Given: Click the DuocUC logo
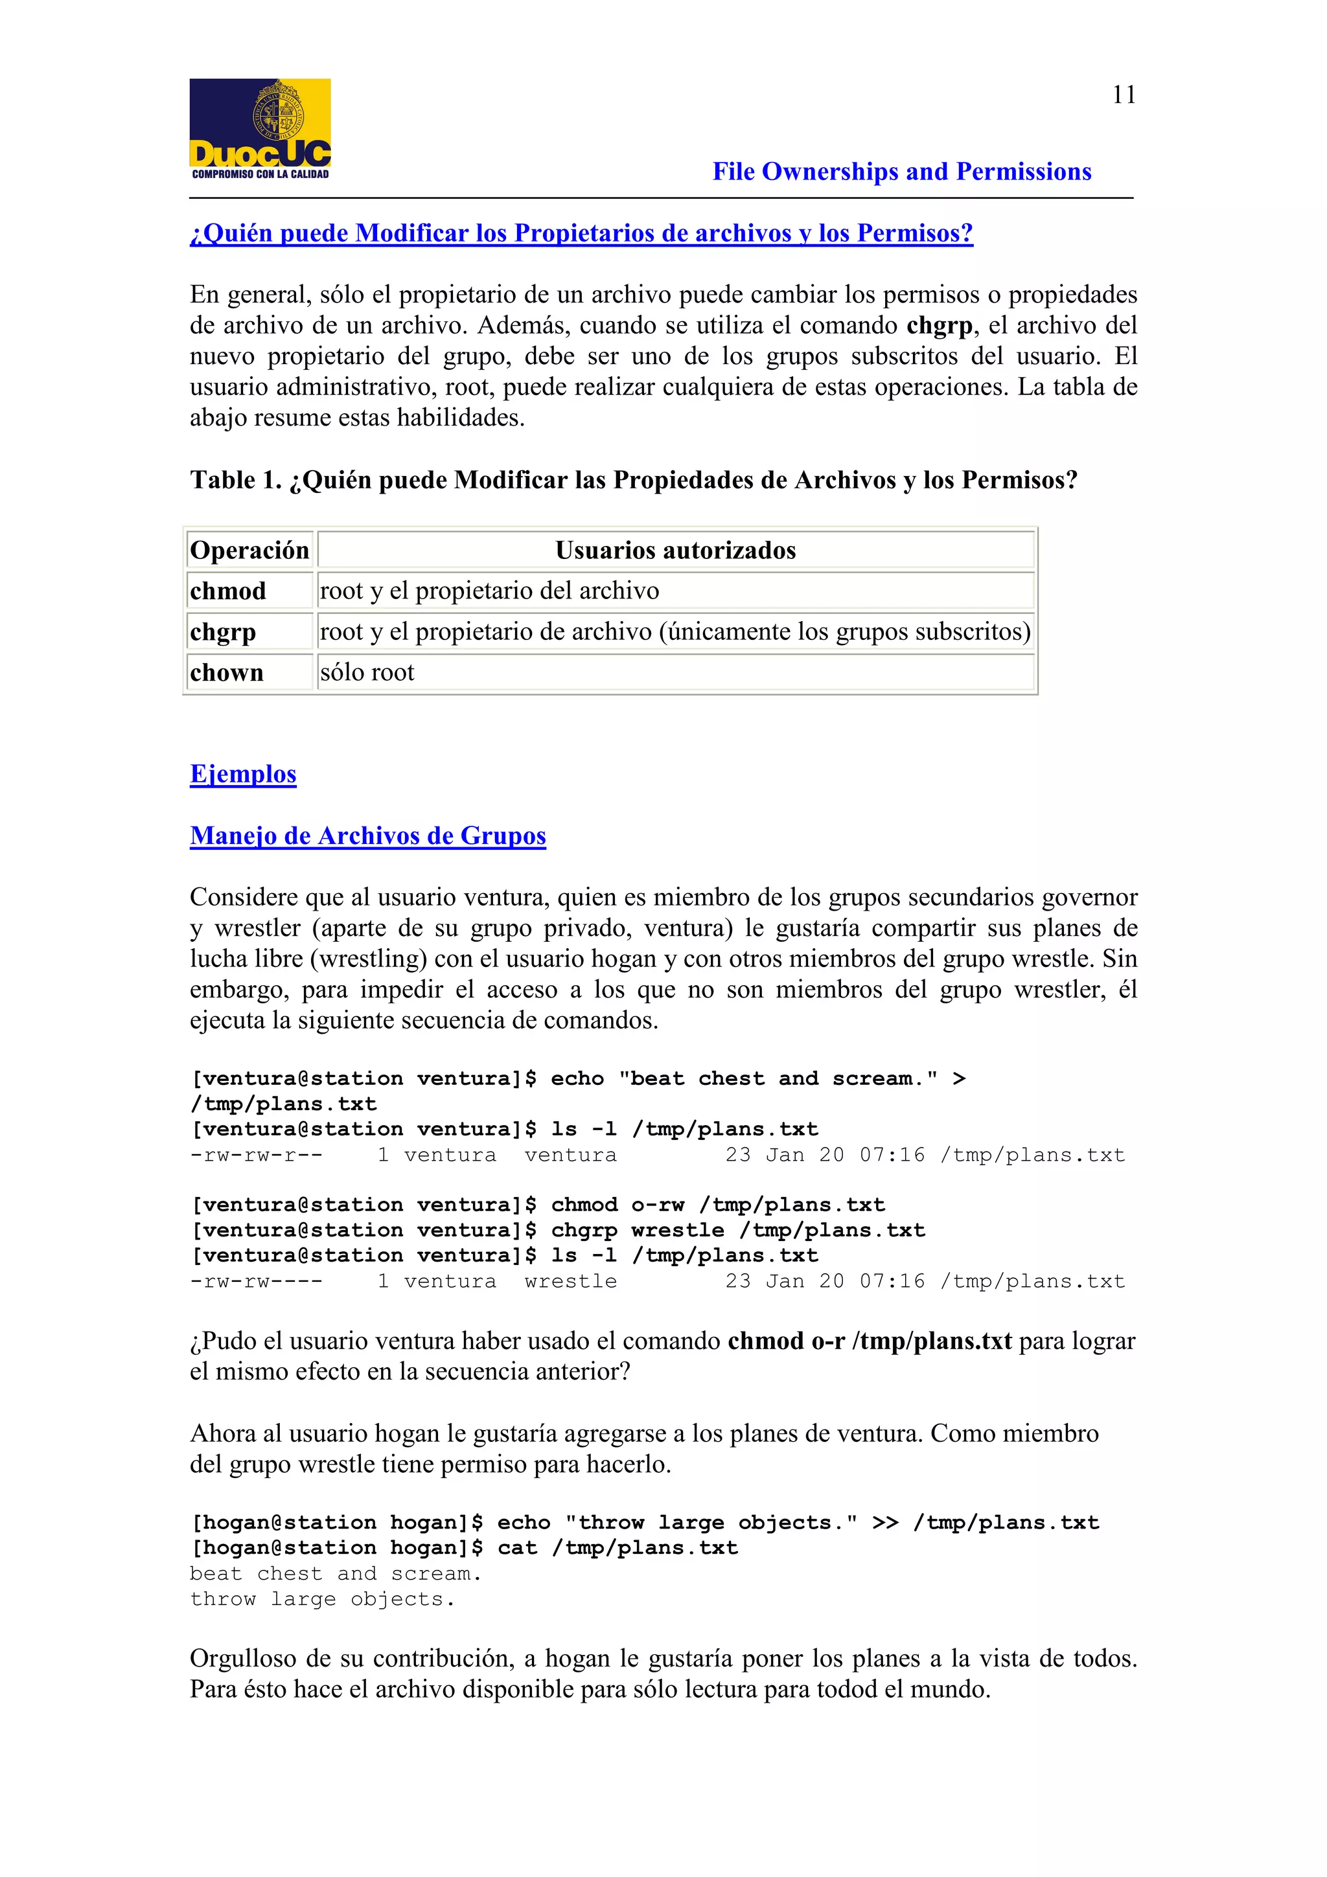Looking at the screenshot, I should tap(260, 128).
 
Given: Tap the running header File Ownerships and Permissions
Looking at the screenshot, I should tap(901, 172).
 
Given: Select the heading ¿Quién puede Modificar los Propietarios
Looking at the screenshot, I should tap(581, 234).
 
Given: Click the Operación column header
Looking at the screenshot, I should tap(249, 550).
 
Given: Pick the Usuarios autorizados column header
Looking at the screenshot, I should tap(675, 550).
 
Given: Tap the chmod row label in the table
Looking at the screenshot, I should tap(228, 591).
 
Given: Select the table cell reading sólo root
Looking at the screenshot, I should tap(367, 672).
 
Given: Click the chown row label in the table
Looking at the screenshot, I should tap(227, 673).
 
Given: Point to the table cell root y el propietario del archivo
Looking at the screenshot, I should tap(489, 591).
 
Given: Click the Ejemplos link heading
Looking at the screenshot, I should tap(243, 773).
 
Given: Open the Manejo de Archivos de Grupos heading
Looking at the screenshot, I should tap(367, 836).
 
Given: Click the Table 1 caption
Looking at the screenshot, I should tap(633, 480).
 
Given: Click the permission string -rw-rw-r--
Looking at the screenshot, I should tap(256, 1155).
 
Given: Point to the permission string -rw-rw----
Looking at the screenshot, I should tap(256, 1281).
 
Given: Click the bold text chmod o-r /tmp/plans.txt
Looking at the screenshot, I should tap(869, 1341).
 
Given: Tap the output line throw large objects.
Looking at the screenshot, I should tap(322, 1599).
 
